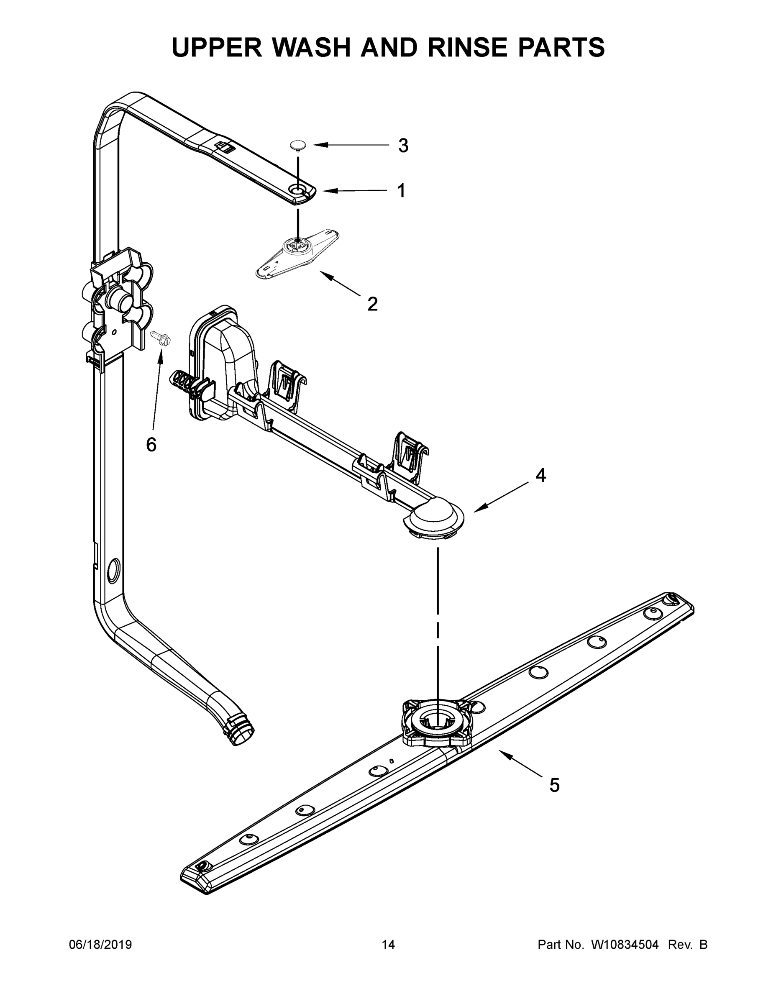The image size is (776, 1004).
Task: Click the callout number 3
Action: [403, 146]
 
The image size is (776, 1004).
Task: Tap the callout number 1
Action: [401, 190]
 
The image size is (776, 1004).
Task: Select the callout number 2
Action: [372, 304]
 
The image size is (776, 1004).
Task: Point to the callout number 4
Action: [540, 475]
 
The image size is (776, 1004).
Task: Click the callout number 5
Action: [554, 786]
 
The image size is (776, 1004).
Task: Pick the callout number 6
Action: [151, 444]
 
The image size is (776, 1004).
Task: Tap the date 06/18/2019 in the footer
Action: [100, 945]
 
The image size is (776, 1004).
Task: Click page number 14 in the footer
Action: [388, 945]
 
